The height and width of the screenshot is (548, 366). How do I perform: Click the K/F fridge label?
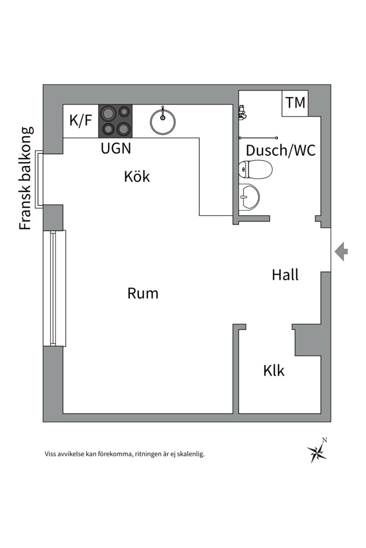click(80, 121)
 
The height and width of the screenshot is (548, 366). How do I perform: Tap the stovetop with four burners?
click(115, 121)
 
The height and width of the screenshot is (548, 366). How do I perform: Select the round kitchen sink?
click(163, 122)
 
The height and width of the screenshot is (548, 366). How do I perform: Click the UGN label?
click(116, 148)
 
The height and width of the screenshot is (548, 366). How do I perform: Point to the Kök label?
click(137, 177)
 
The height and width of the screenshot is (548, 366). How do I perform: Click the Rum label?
click(143, 293)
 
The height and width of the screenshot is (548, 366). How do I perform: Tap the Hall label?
click(286, 275)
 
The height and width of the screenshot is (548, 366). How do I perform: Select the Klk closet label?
click(274, 370)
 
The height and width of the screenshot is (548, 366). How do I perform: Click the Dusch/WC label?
click(281, 150)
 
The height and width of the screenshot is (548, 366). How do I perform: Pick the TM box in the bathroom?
click(295, 104)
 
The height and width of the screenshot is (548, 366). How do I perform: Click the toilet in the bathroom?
click(256, 169)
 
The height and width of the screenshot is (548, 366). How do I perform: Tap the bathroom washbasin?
click(250, 197)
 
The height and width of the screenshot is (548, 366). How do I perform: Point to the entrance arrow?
click(341, 251)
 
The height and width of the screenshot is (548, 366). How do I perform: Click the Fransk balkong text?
click(26, 178)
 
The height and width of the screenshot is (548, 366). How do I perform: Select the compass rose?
click(317, 453)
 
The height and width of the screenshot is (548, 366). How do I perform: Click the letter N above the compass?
click(325, 440)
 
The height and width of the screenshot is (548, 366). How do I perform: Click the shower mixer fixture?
click(242, 112)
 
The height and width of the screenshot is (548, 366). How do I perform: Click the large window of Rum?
click(54, 288)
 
